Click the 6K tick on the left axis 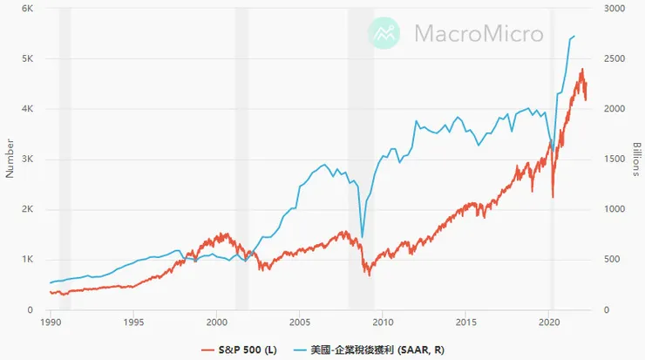tap(27, 8)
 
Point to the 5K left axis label tap(27, 58)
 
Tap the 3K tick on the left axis tap(27, 160)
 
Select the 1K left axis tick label tap(27, 260)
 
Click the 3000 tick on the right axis tap(615, 8)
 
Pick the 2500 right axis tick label tap(615, 58)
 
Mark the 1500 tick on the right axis tap(615, 160)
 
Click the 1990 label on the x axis tap(51, 322)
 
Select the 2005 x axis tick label tap(300, 322)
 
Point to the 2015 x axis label tap(466, 322)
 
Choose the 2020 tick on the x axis tap(549, 322)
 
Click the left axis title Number tap(10, 158)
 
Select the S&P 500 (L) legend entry tap(241, 350)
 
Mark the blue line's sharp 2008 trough tap(363, 236)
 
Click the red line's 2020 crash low tap(553, 197)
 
